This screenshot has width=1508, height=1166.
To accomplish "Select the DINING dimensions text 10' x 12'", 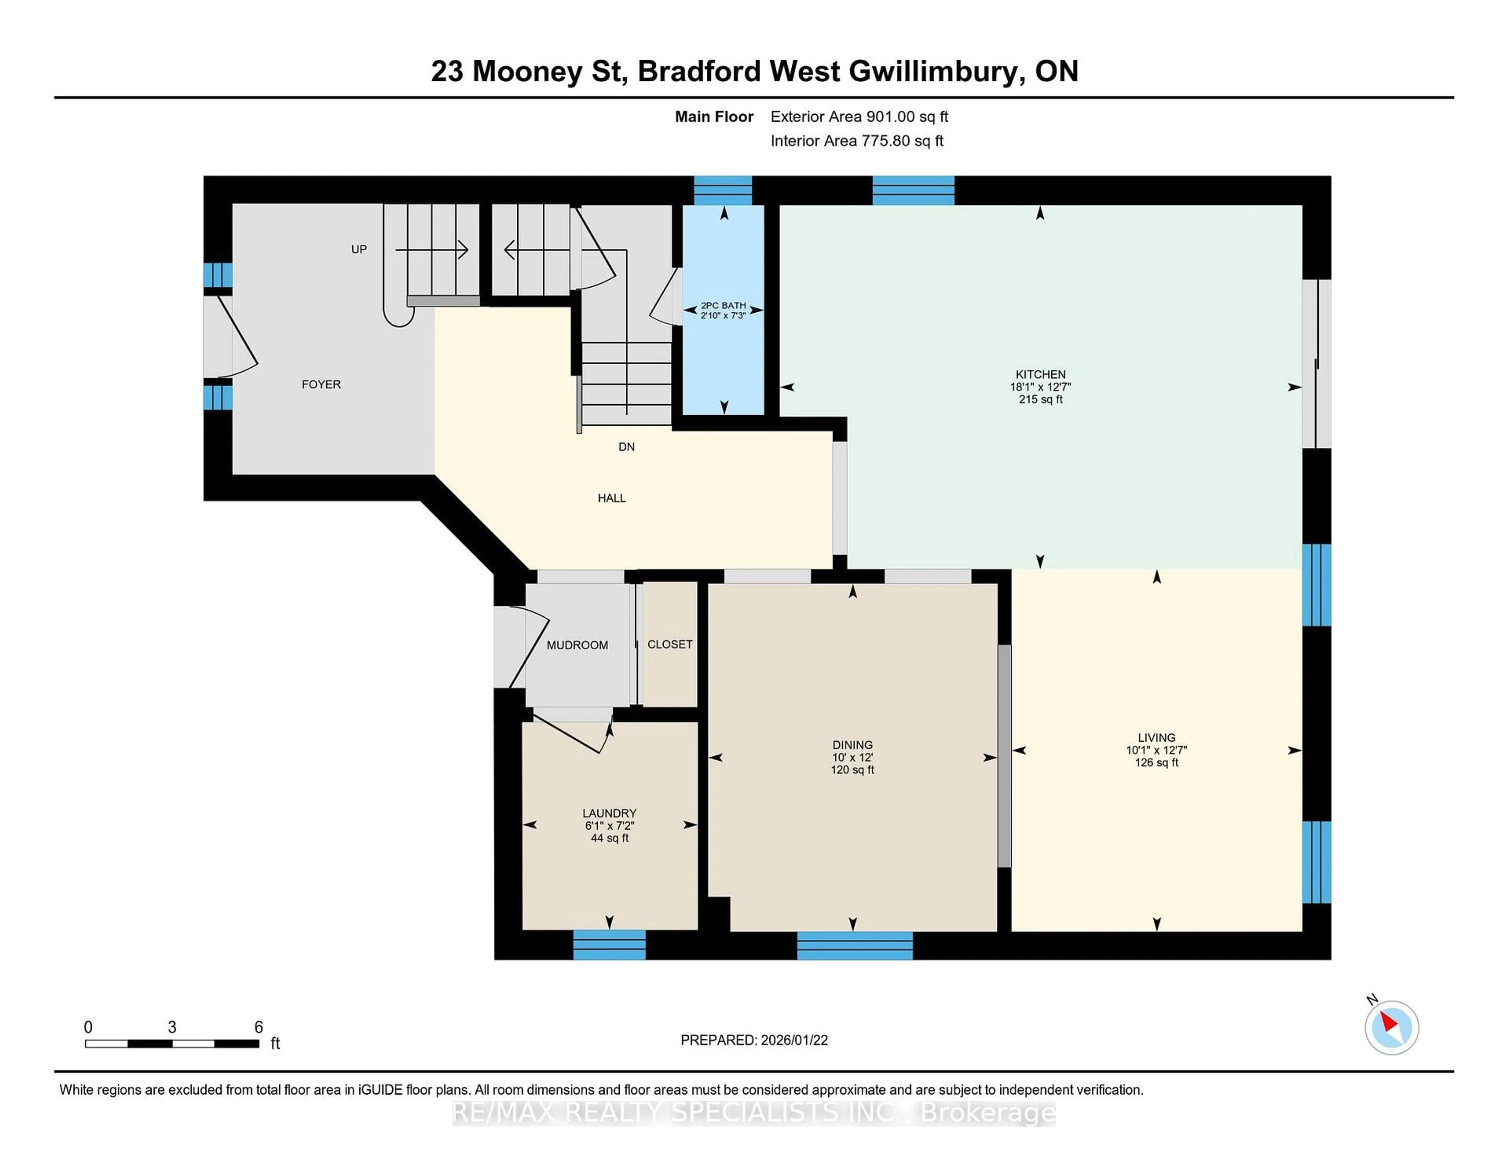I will (852, 757).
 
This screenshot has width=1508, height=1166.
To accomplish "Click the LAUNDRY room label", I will (609, 813).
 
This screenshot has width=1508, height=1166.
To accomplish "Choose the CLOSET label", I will (669, 644).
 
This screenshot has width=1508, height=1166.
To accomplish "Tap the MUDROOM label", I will (577, 645).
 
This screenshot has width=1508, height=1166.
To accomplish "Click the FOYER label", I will (321, 384).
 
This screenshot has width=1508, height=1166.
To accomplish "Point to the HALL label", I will (611, 498).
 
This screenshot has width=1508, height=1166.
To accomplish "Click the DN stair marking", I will (626, 447).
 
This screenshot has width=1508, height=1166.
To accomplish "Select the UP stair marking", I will (359, 249).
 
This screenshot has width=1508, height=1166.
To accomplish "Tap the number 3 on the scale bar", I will (172, 1027).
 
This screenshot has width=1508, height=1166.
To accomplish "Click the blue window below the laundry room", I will (609, 944).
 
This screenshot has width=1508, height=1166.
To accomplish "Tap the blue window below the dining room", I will (855, 945).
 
